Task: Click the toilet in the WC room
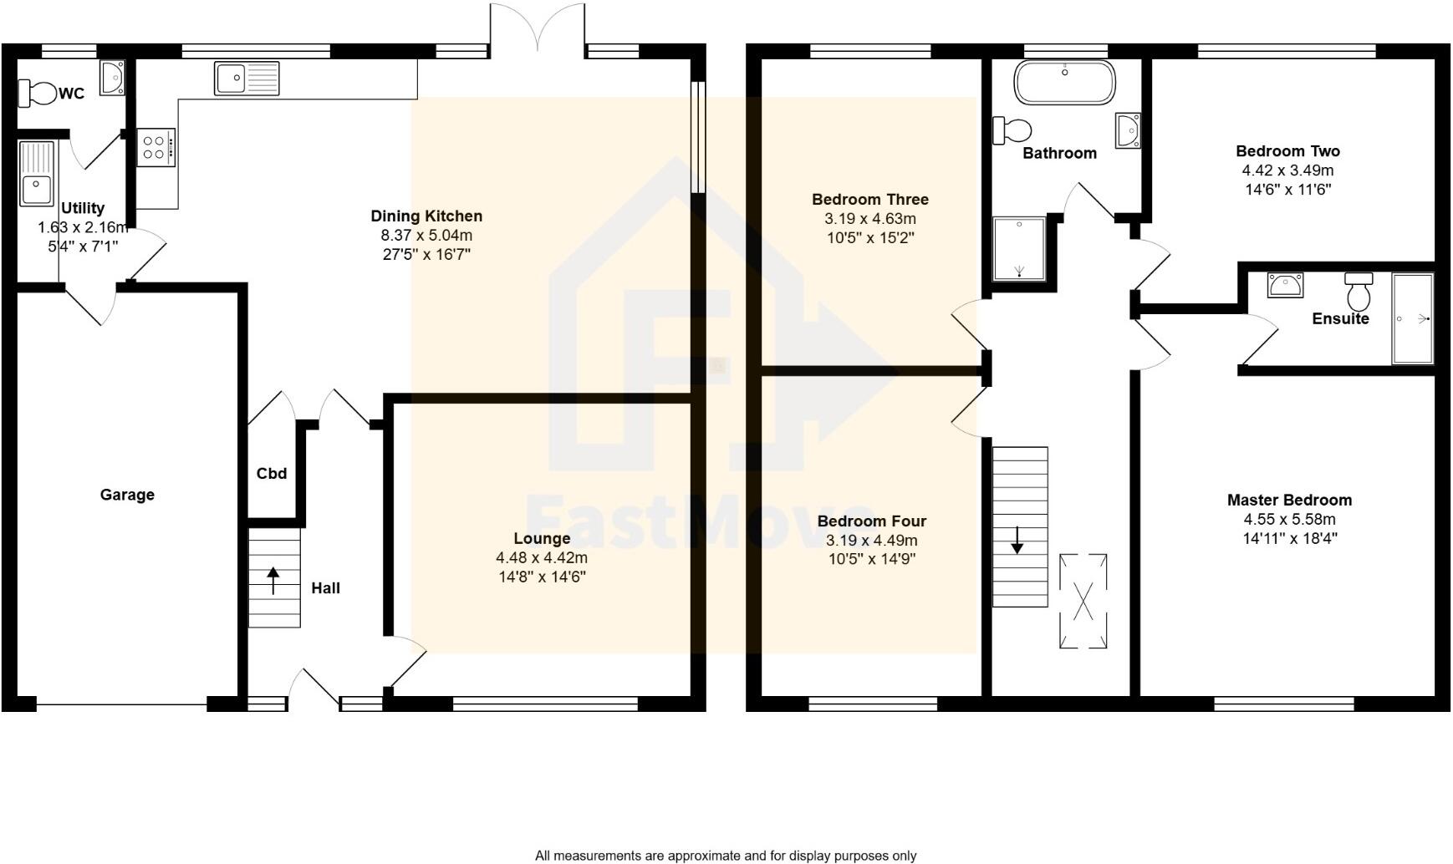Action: [37, 93]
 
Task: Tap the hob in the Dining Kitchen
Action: [155, 148]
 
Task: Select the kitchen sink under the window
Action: [247, 79]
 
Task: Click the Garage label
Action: [127, 495]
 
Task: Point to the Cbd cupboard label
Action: [272, 474]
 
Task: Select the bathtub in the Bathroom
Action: [1064, 83]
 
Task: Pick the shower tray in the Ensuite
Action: [1412, 318]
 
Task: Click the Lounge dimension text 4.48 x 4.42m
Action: [542, 557]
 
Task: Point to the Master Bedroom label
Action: [1289, 500]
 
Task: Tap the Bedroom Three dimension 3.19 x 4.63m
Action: [870, 219]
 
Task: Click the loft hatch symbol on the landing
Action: [1083, 601]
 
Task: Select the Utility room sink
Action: [36, 174]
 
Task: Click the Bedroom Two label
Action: [1287, 151]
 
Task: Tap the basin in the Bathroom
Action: [1127, 130]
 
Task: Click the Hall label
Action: [325, 588]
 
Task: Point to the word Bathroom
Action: [1059, 153]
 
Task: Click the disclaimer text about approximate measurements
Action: [725, 856]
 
